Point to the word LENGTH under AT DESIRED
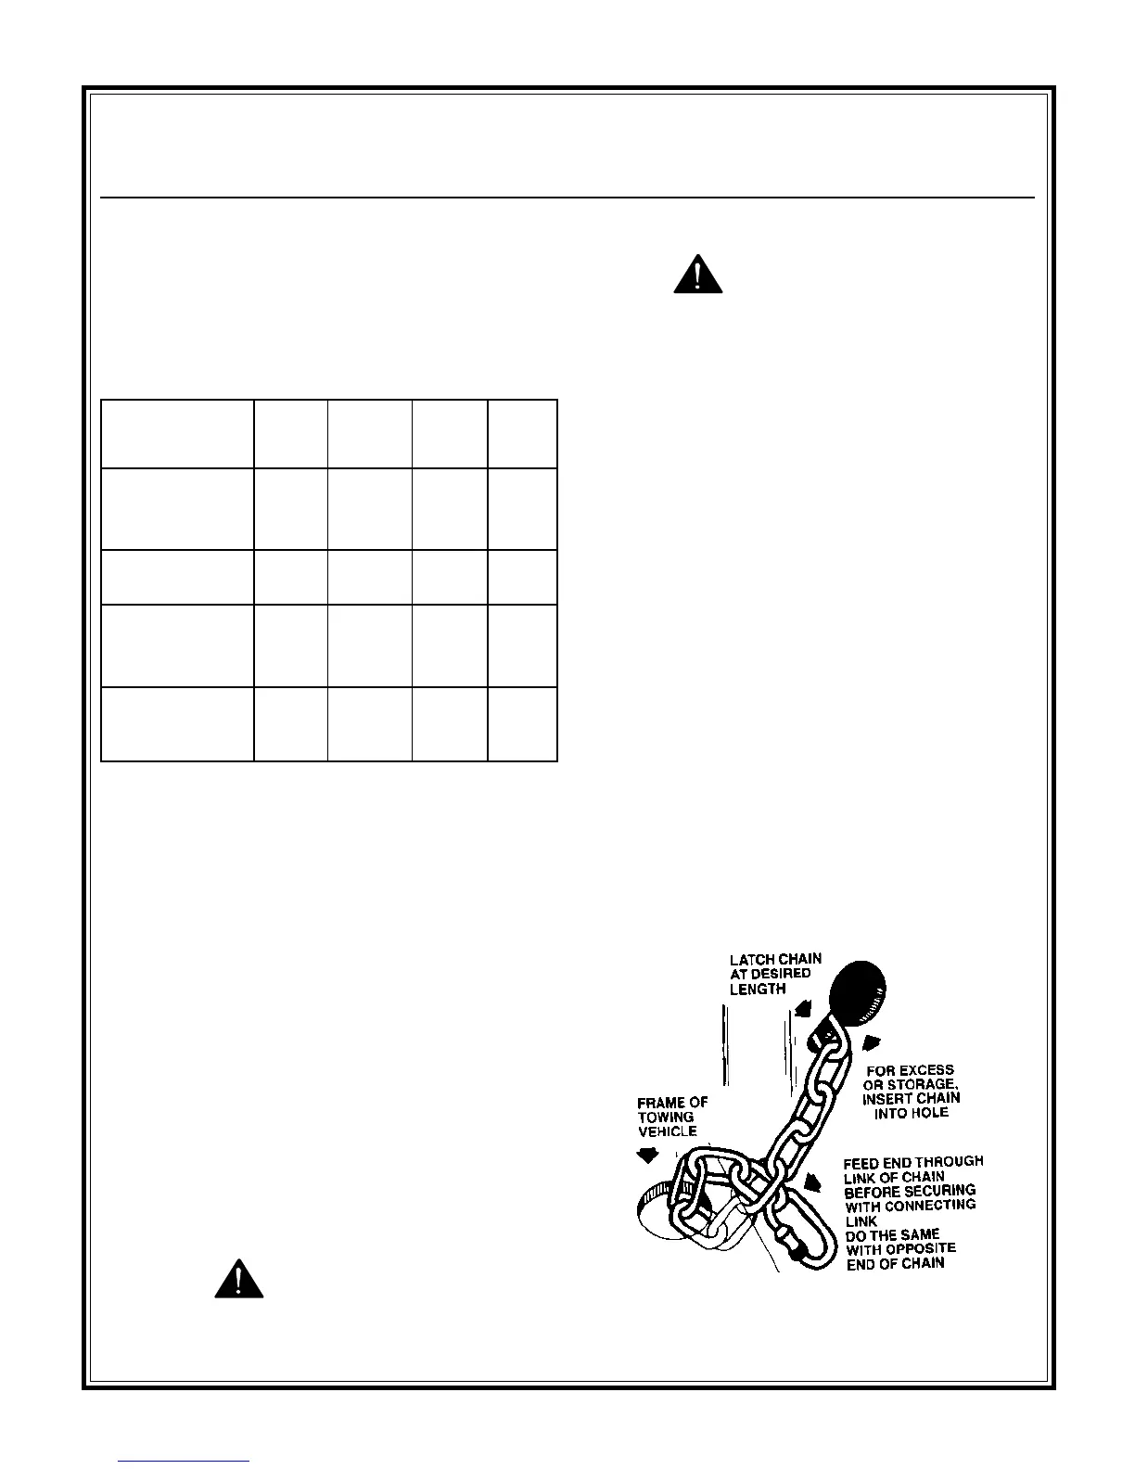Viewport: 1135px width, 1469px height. [x=758, y=990]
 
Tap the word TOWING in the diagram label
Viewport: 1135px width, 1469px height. [x=665, y=1118]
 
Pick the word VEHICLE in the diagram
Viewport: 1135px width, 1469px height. [x=668, y=1131]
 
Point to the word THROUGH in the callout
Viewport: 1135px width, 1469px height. [x=950, y=1162]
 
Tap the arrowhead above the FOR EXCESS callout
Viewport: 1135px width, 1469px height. [x=872, y=1040]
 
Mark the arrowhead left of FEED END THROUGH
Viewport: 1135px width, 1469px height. [x=813, y=1182]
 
